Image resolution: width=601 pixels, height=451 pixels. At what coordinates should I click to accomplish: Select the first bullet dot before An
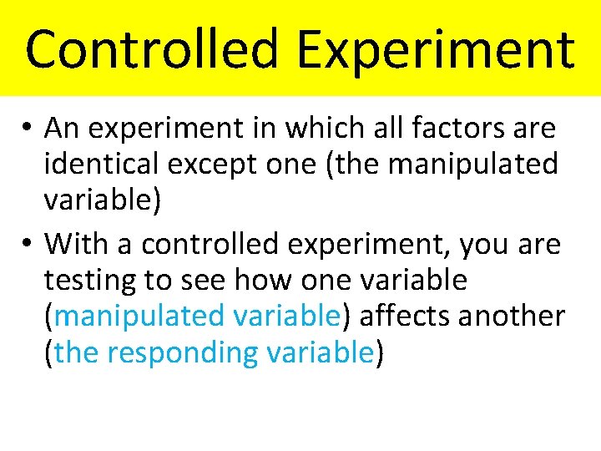[x=28, y=129]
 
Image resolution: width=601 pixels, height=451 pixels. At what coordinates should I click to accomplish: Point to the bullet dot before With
[x=28, y=245]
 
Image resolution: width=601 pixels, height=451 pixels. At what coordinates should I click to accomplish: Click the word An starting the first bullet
[x=61, y=129]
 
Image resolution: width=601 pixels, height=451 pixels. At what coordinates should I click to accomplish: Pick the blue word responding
[x=183, y=353]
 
